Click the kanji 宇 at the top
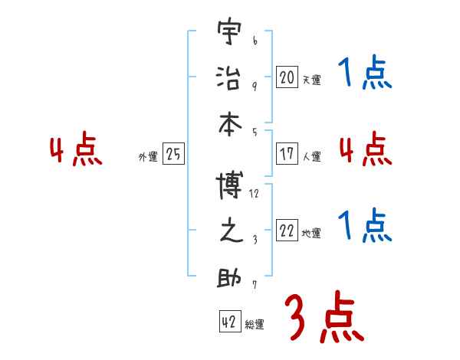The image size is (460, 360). tap(230, 34)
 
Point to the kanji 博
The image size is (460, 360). tap(230, 186)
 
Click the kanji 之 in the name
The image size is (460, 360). tap(230, 232)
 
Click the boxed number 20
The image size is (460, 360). tap(287, 77)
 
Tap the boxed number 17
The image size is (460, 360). tap(287, 153)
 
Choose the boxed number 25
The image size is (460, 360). tap(173, 154)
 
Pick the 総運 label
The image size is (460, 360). tap(255, 324)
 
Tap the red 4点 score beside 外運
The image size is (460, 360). tap(77, 150)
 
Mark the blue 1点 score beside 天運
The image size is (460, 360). tap(365, 74)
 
